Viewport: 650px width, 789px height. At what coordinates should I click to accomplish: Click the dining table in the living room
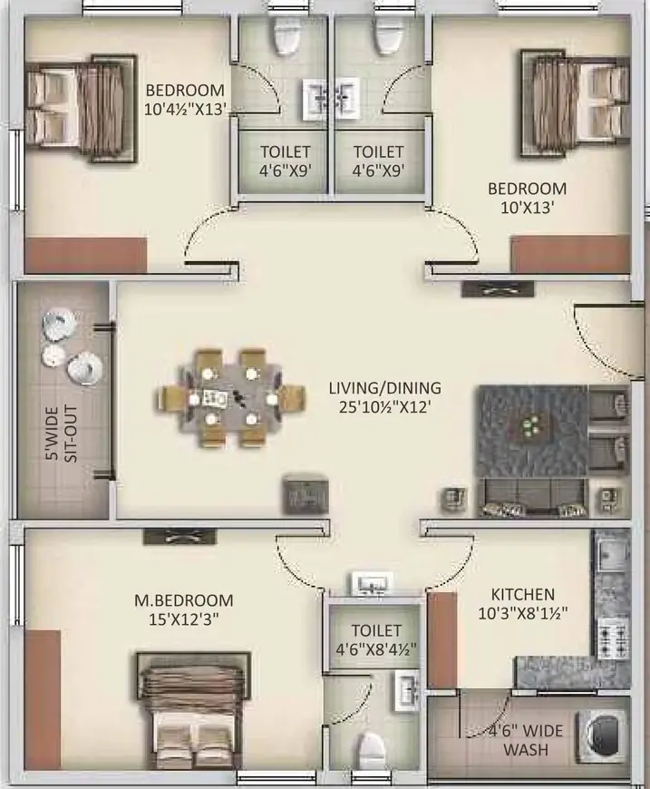pos(229,398)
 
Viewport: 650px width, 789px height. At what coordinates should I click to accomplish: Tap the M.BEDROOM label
pos(184,600)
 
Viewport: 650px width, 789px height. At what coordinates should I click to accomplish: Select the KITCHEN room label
pos(523,594)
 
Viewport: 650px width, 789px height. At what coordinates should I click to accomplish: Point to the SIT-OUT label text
pos(72,434)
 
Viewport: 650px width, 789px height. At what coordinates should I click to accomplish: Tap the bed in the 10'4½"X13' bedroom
pos(82,109)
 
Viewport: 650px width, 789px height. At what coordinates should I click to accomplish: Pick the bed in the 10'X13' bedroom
pos(576,104)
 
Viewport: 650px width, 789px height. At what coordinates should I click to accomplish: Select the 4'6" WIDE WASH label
pos(526,740)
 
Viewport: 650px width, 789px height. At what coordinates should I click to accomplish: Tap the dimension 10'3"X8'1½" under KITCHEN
pos(523,613)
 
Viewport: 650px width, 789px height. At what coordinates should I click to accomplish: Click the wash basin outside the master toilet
pos(373,583)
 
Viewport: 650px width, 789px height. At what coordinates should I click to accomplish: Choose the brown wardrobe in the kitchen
pos(442,639)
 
